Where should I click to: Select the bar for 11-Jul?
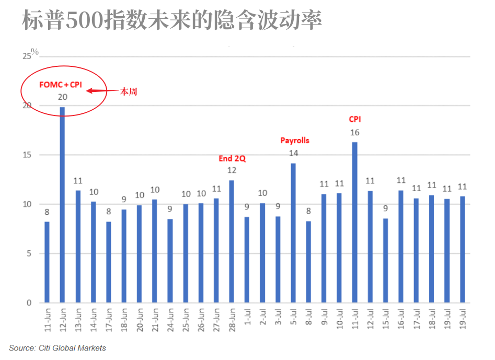pyautogui.click(x=354, y=222)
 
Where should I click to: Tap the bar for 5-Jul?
pyautogui.click(x=293, y=233)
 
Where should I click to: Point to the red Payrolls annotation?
pyautogui.click(x=295, y=141)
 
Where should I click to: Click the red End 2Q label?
pyautogui.click(x=232, y=158)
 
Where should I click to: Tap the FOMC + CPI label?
pyautogui.click(x=61, y=84)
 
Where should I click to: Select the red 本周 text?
pyautogui.click(x=129, y=91)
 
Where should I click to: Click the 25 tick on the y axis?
pyautogui.click(x=26, y=56)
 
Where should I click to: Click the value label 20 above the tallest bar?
pyautogui.click(x=63, y=97)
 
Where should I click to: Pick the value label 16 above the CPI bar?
pyautogui.click(x=355, y=133)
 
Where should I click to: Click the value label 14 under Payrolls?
pyautogui.click(x=293, y=154)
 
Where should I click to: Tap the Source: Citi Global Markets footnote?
pyautogui.click(x=57, y=348)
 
